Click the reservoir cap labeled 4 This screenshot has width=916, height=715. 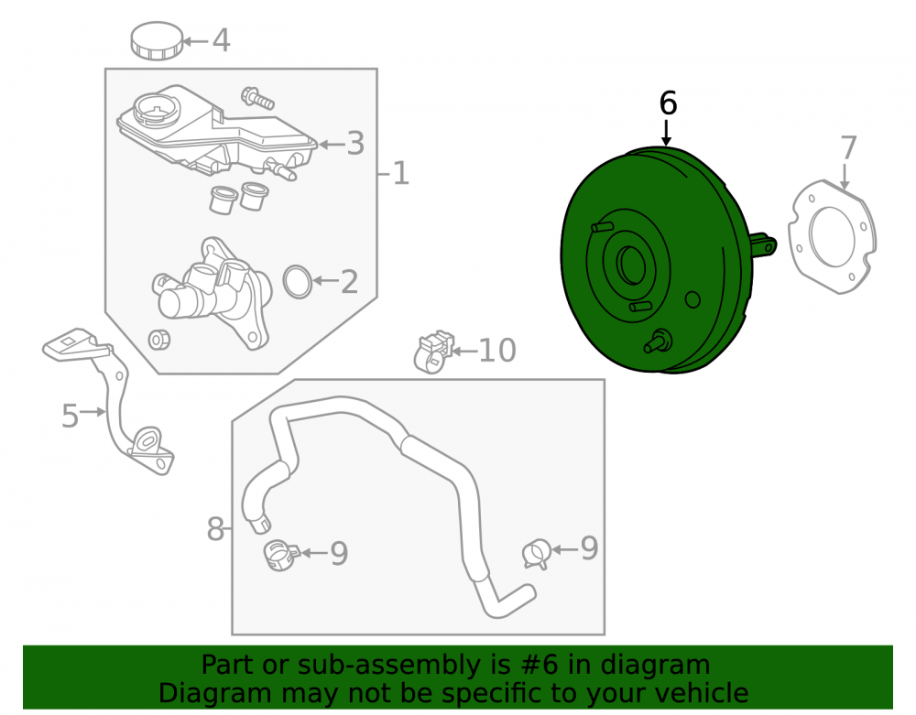coord(157,41)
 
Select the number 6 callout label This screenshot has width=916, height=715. coord(668,103)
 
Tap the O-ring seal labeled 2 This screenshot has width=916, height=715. coord(298,282)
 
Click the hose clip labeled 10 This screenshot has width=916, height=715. coord(433,352)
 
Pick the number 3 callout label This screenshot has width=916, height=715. coord(355,144)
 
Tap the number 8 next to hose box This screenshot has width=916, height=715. coord(215,529)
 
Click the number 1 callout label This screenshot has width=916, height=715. coord(400,173)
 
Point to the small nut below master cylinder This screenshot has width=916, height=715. coord(158,340)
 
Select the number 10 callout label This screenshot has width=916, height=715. coord(497,351)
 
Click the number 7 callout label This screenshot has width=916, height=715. coord(848,148)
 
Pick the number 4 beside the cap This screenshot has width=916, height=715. coord(221,41)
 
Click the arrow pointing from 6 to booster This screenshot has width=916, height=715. coord(666,133)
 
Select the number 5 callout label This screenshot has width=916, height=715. coord(71,416)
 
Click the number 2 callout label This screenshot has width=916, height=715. coord(349,282)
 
